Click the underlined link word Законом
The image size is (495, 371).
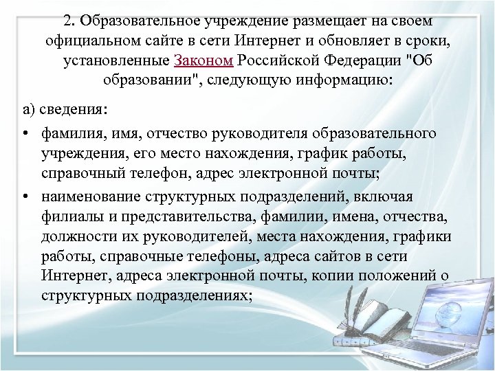[x=205, y=60]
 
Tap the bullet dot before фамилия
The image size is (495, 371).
[x=24, y=131]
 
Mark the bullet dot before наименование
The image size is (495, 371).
[x=24, y=196]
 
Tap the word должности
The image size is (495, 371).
[x=72, y=238]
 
